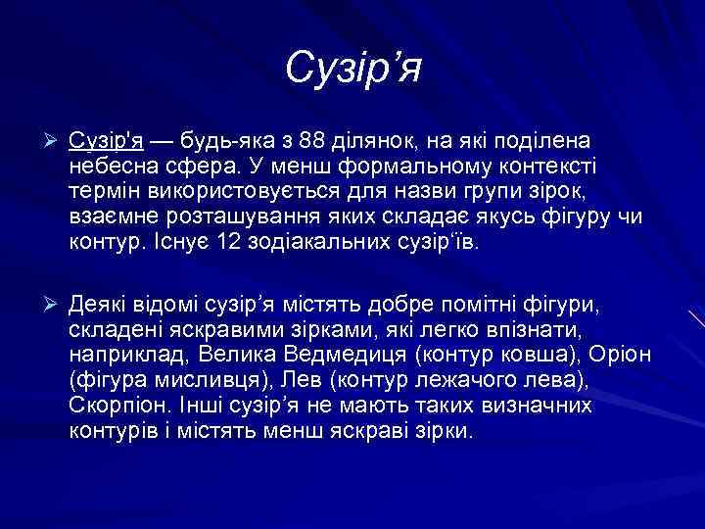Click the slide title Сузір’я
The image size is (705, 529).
tap(352, 70)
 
